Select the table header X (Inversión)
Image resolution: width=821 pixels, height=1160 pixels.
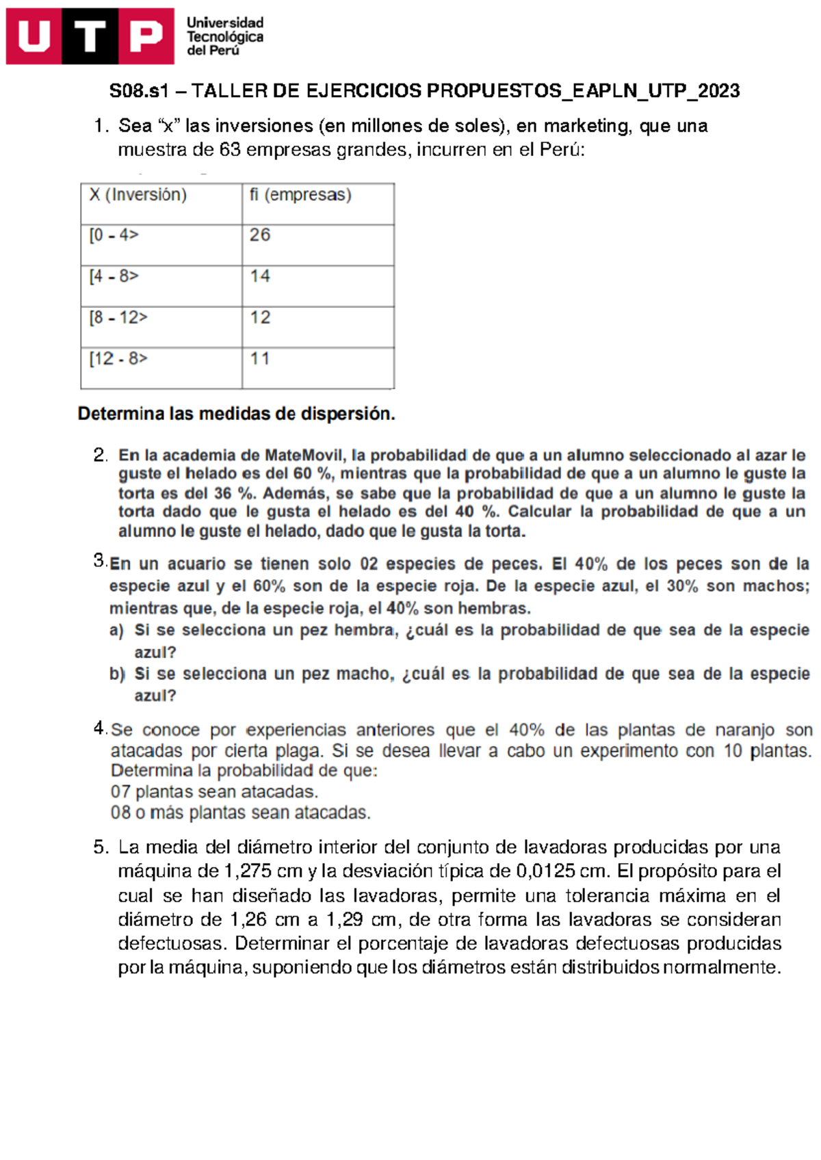tap(138, 195)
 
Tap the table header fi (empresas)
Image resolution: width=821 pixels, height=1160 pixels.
tap(300, 195)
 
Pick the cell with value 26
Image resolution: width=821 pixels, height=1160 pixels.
tap(260, 235)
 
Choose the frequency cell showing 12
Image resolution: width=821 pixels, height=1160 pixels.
tap(260, 317)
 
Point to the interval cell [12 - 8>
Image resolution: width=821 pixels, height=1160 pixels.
tap(118, 358)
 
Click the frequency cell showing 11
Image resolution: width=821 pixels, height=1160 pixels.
tap(260, 358)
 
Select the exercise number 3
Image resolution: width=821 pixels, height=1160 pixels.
tap(99, 561)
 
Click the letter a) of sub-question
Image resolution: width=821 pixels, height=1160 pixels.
tap(116, 630)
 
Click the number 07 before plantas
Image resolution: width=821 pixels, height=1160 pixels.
tap(120, 792)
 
